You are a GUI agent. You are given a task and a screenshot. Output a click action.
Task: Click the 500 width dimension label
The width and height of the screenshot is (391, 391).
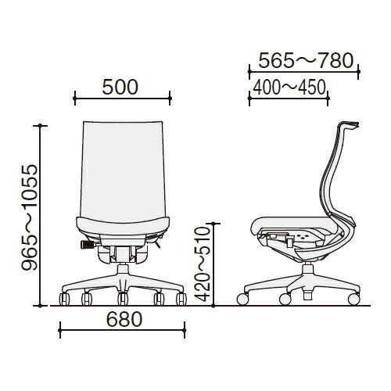point(120,87)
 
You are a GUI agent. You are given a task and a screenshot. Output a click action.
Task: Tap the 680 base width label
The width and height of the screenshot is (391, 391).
point(124,319)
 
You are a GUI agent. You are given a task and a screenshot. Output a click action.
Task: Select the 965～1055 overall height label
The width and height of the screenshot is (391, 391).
point(30,217)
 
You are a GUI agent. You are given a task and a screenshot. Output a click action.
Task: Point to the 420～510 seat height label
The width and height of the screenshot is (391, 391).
point(203,264)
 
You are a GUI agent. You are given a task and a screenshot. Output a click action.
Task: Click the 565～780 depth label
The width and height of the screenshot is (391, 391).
point(306,60)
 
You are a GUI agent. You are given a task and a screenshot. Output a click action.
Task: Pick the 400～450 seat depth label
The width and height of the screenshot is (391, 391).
point(289,88)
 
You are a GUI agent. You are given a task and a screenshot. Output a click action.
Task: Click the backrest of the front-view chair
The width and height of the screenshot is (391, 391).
point(123,170)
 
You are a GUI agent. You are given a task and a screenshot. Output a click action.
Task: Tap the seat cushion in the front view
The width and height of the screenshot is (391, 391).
point(123,226)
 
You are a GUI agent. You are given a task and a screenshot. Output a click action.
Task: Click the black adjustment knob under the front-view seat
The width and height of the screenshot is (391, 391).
point(87,245)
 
